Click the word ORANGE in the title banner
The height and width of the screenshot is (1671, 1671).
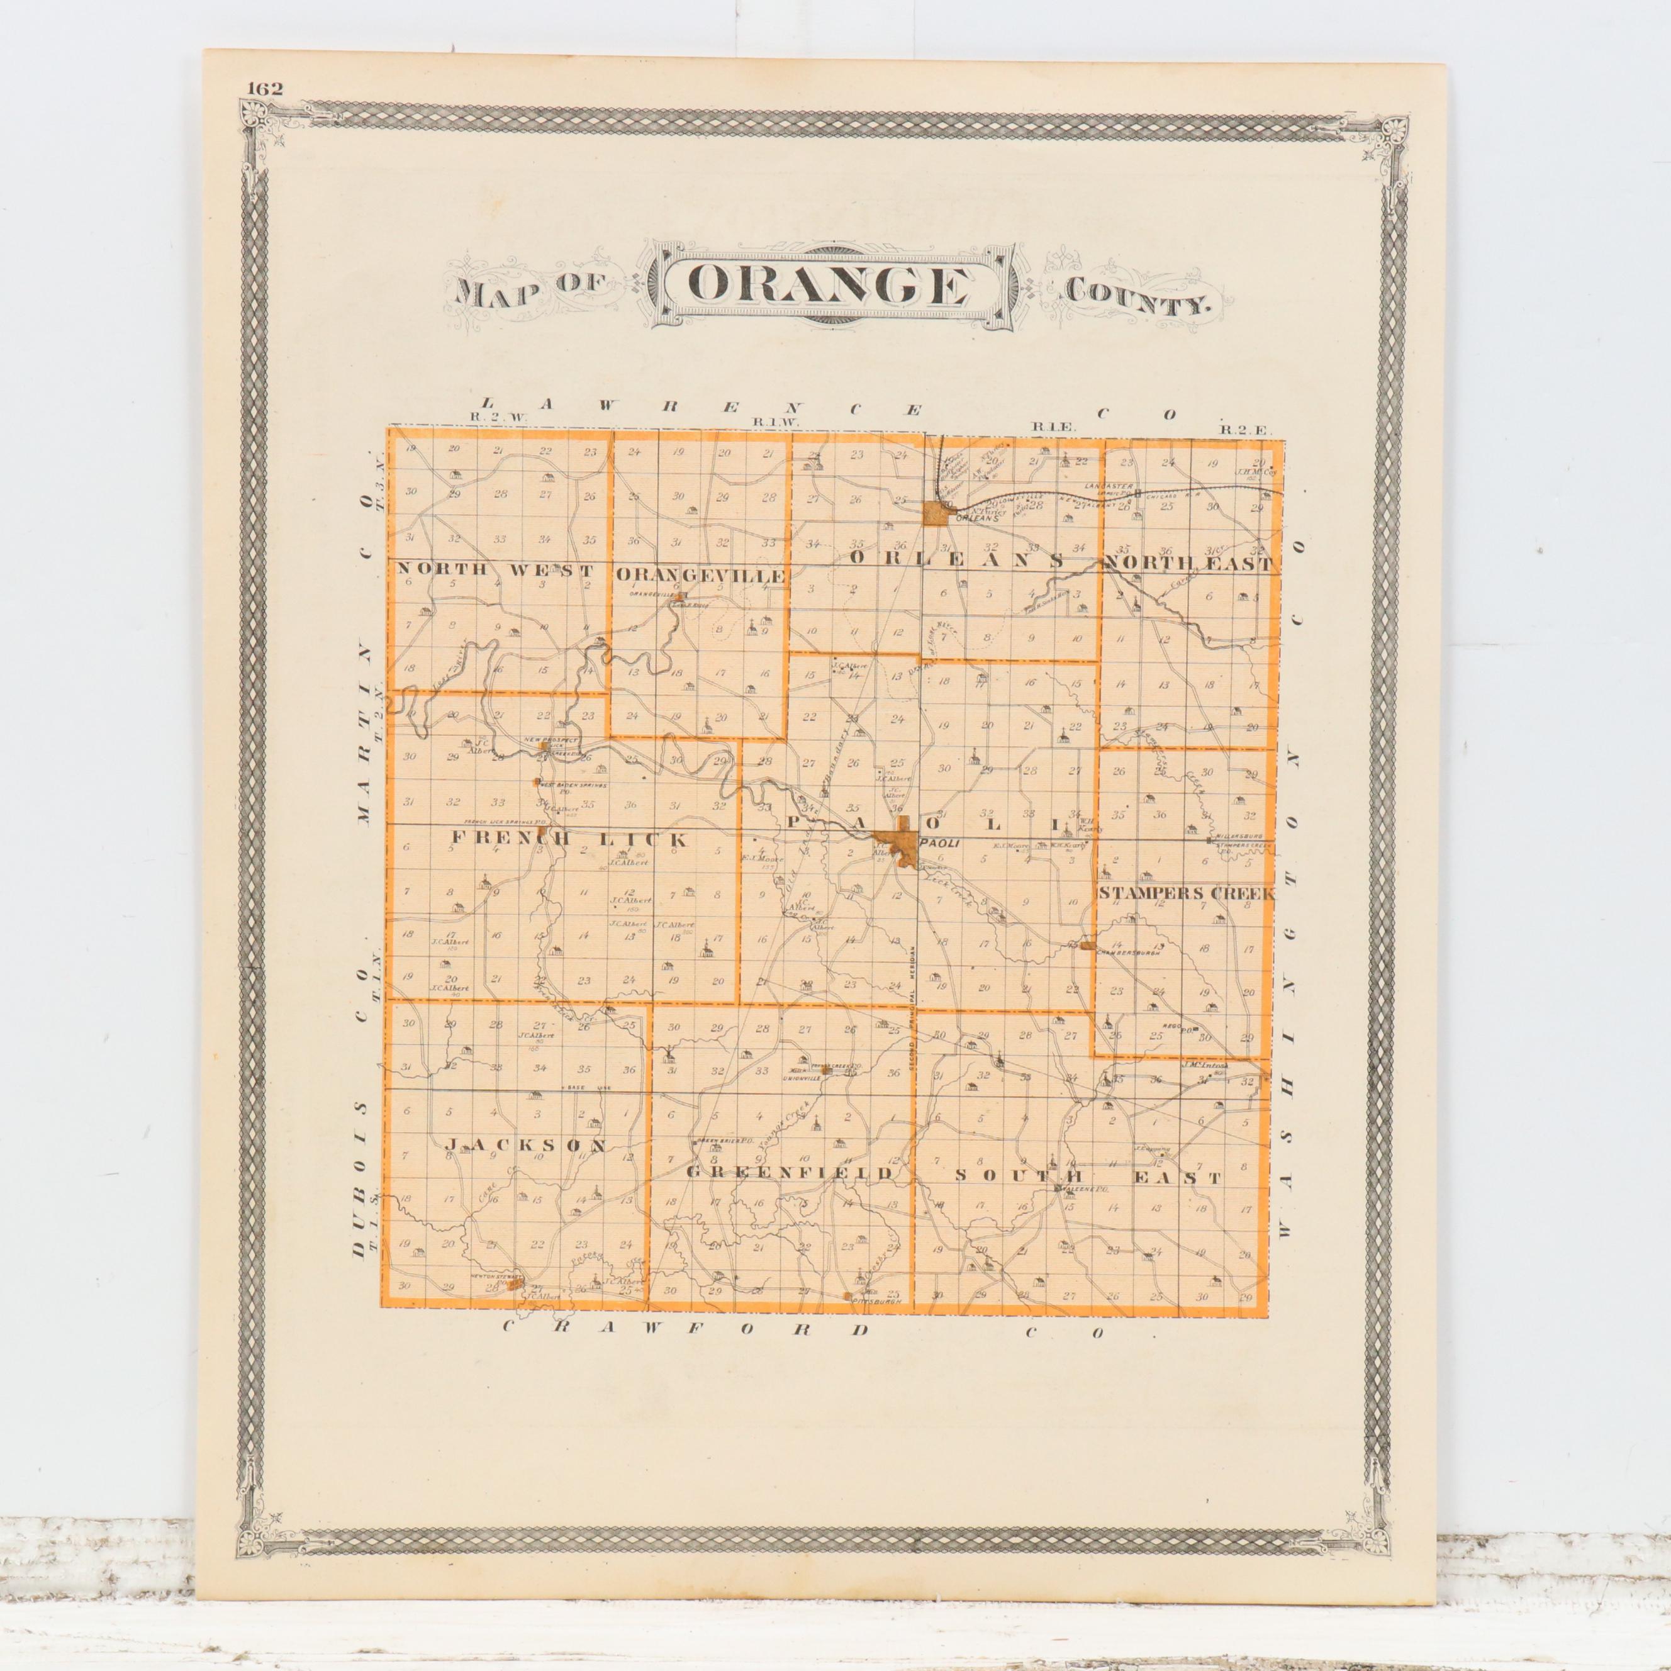pyautogui.click(x=828, y=286)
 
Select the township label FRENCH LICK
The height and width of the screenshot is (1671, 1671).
pyautogui.click(x=569, y=840)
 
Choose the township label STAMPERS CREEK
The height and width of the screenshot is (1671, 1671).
pyautogui.click(x=1186, y=893)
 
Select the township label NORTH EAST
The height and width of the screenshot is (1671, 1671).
pyautogui.click(x=1189, y=565)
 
